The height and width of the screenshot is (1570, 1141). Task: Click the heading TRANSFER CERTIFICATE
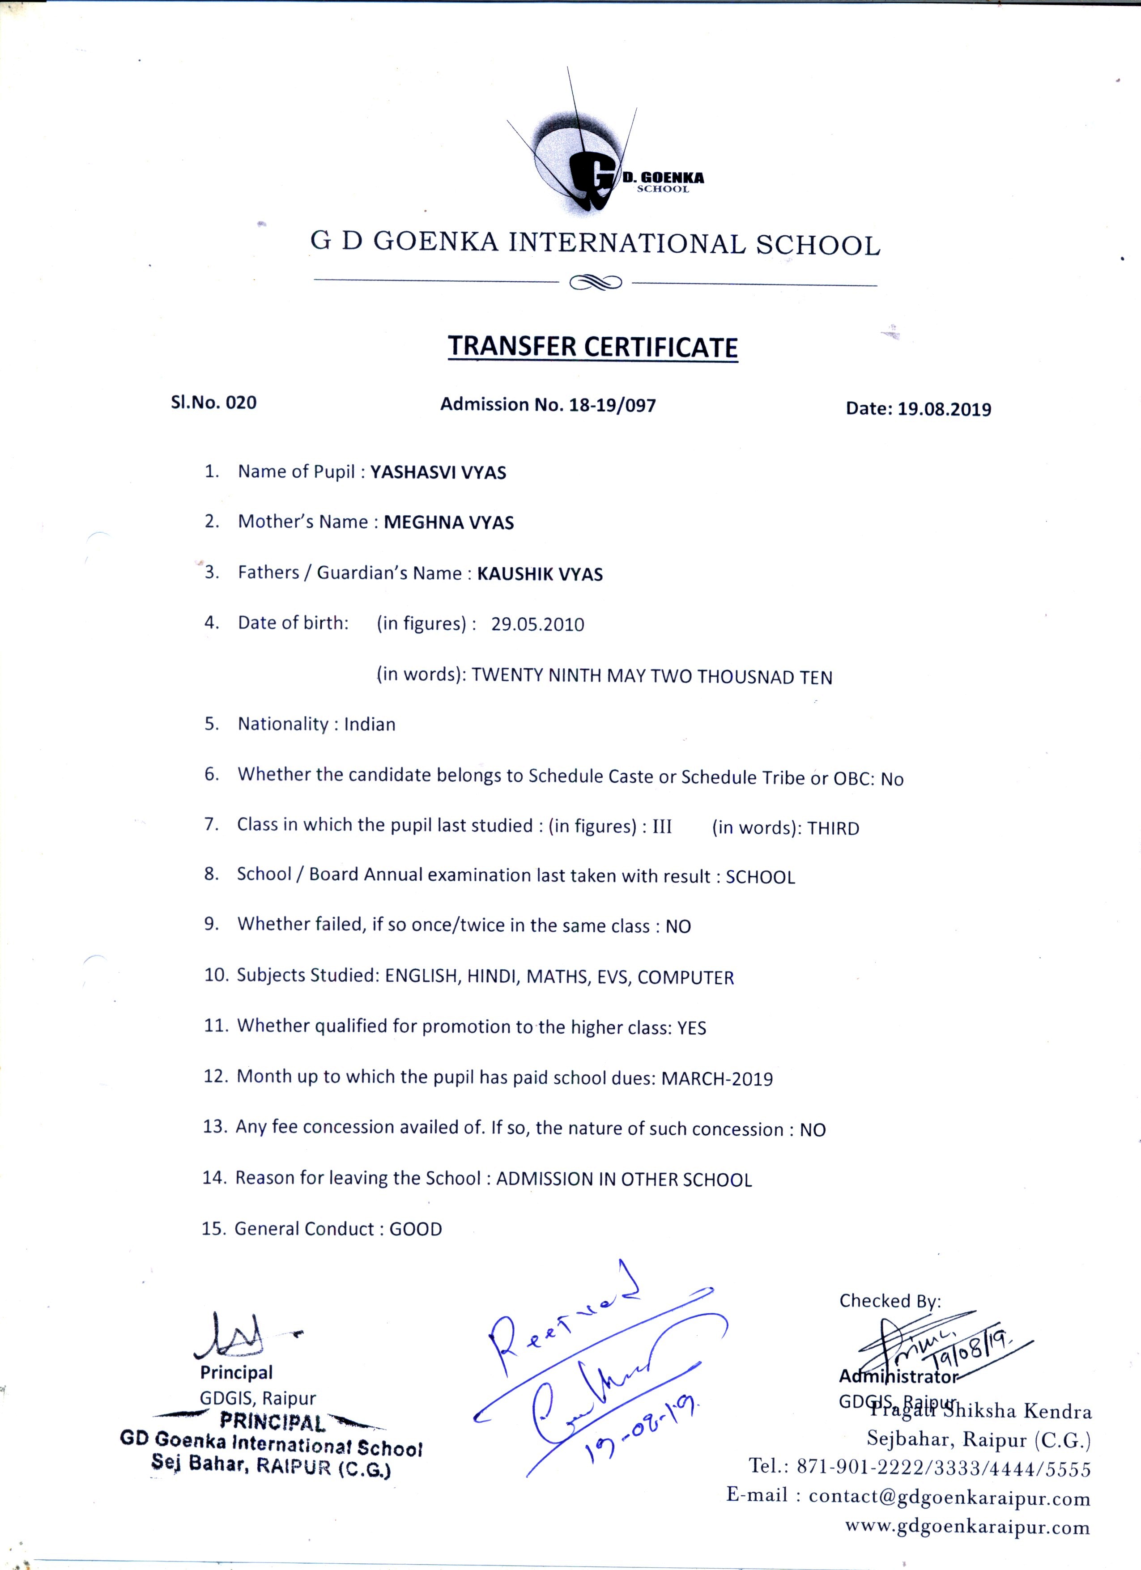(593, 346)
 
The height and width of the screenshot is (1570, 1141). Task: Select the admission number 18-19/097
(612, 405)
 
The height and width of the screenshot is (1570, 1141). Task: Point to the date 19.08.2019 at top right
(945, 409)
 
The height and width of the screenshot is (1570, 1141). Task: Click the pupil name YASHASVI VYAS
(438, 473)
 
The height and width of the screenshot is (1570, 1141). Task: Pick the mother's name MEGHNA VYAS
(449, 522)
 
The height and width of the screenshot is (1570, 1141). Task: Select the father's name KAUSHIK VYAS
(540, 574)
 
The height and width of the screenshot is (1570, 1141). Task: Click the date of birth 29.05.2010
(537, 624)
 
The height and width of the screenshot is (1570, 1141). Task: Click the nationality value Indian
(370, 725)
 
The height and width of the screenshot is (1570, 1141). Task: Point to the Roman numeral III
(662, 827)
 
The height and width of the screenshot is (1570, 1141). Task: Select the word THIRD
(833, 828)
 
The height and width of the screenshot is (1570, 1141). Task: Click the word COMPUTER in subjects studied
(685, 977)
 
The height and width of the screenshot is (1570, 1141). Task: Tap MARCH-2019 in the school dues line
(717, 1078)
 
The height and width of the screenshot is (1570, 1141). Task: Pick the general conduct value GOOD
(415, 1230)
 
